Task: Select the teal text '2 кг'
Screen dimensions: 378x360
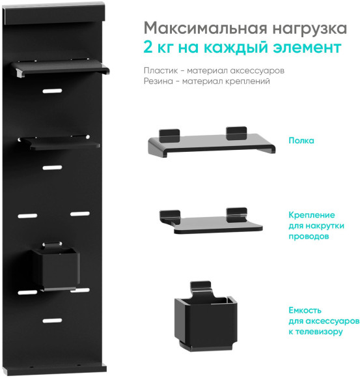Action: click(x=161, y=48)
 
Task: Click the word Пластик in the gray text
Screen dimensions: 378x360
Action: click(x=159, y=70)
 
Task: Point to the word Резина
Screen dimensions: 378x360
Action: click(x=159, y=81)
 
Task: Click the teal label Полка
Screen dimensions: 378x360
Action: click(x=301, y=140)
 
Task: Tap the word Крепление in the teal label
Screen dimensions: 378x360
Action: click(x=312, y=214)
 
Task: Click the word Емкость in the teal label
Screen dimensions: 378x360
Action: click(x=306, y=311)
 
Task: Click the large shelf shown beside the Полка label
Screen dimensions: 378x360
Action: click(x=211, y=143)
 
